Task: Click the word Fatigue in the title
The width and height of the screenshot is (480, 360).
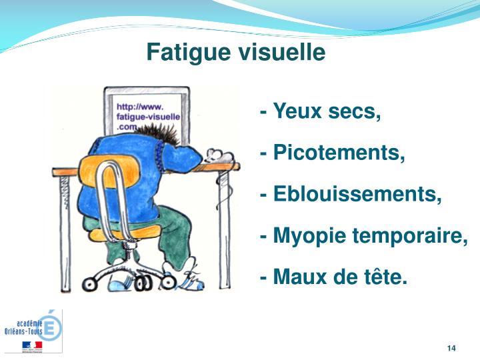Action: (185, 53)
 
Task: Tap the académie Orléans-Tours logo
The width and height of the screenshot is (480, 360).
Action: (33, 331)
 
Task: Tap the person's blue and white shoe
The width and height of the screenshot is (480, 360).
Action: (190, 280)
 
